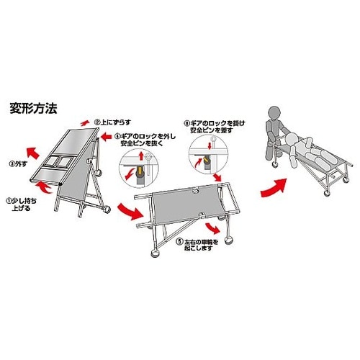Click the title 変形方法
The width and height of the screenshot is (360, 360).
pyautogui.click(x=34, y=110)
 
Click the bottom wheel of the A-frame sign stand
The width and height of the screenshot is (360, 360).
pyautogui.click(x=106, y=210)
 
